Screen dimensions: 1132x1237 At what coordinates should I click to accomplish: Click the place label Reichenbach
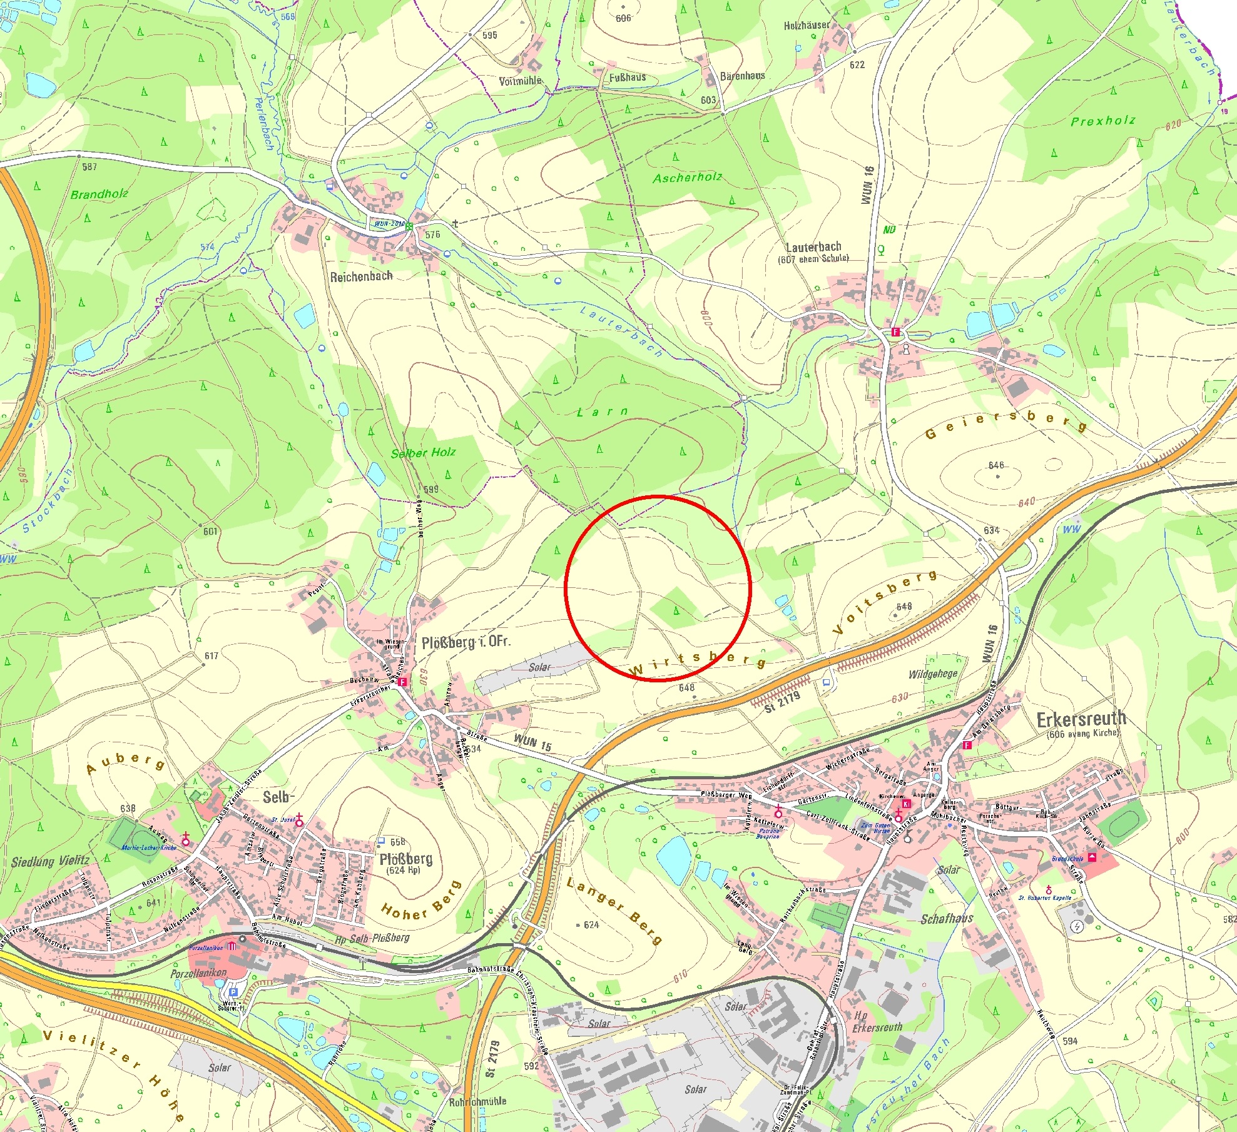(361, 276)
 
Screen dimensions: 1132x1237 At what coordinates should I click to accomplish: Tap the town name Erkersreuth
(1081, 719)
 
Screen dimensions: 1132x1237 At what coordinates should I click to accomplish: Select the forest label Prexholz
(1102, 121)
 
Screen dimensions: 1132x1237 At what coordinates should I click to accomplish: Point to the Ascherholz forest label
(687, 178)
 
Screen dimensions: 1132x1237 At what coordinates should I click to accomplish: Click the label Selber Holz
(423, 452)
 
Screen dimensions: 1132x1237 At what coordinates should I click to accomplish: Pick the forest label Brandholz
(99, 194)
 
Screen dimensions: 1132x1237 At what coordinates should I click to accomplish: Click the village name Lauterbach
(813, 246)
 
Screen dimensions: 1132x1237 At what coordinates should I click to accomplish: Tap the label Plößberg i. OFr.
(466, 642)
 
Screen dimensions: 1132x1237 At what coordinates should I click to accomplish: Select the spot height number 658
(398, 842)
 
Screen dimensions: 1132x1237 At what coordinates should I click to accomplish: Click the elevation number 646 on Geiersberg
(996, 465)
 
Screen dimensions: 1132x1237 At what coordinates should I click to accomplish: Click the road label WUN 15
(532, 742)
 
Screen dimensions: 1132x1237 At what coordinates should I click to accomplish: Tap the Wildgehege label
(933, 674)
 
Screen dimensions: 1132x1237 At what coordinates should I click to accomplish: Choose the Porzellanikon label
(198, 973)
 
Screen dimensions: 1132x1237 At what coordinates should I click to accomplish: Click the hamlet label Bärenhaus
(742, 76)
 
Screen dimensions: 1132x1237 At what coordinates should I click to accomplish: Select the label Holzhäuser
(807, 26)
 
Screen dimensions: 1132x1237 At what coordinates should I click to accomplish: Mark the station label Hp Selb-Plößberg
(372, 938)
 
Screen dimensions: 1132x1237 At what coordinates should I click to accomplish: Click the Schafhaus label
(947, 919)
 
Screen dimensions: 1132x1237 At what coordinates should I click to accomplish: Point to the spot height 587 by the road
(89, 166)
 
